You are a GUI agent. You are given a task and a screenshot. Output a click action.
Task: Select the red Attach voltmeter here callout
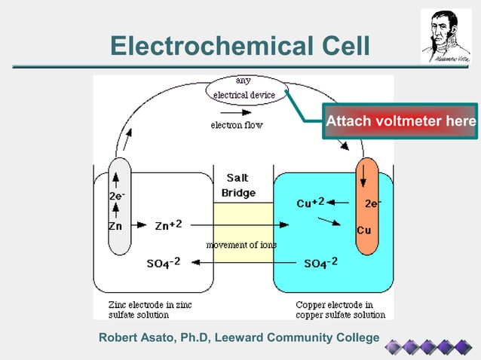400,121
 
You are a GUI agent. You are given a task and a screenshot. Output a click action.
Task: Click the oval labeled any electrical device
244,88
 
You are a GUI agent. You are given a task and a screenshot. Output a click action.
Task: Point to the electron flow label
236,125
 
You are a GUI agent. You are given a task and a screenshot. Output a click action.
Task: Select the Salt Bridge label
237,186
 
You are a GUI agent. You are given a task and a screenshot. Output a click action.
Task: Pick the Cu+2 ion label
310,203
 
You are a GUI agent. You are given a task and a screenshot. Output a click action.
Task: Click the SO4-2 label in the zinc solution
163,264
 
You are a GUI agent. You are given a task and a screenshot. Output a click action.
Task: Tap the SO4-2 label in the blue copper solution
320,263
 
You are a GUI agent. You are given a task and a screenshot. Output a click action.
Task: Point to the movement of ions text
241,245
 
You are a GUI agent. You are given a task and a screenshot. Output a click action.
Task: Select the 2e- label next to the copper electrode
372,203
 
